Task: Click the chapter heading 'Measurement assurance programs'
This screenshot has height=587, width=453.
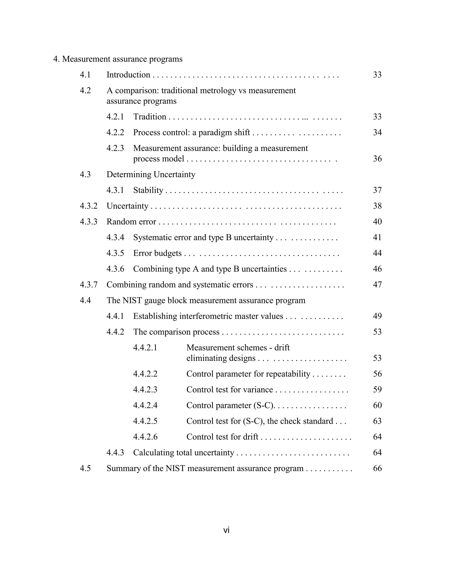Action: click(122, 59)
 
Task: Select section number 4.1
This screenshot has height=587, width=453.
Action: click(85, 75)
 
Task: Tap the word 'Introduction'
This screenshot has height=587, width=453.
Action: click(128, 75)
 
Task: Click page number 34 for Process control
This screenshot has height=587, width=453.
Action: click(377, 132)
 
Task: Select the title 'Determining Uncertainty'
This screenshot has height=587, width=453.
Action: click(151, 174)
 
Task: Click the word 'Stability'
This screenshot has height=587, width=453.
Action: click(148, 190)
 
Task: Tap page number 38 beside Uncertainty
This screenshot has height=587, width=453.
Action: click(377, 206)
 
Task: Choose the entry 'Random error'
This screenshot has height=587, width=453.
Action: click(131, 222)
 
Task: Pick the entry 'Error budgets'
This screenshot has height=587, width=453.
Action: click(157, 253)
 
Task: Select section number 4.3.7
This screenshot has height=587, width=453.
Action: click(88, 285)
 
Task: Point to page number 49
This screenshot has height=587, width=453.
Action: click(377, 316)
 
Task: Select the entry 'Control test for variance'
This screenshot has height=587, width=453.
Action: click(229, 390)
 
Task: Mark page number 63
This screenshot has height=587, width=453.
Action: click(377, 421)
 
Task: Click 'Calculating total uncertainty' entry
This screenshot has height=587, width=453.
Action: click(184, 453)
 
